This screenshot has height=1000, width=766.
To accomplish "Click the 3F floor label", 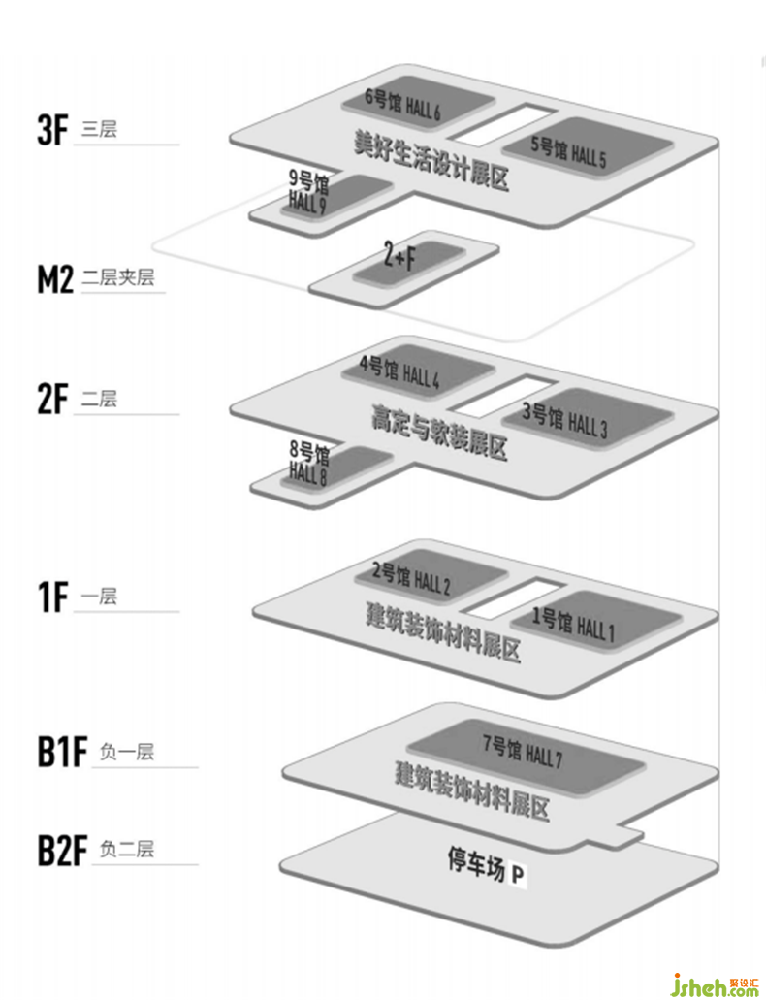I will (52, 131).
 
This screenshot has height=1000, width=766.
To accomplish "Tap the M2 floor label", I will (54, 279).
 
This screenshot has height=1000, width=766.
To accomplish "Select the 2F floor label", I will (52, 400).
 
